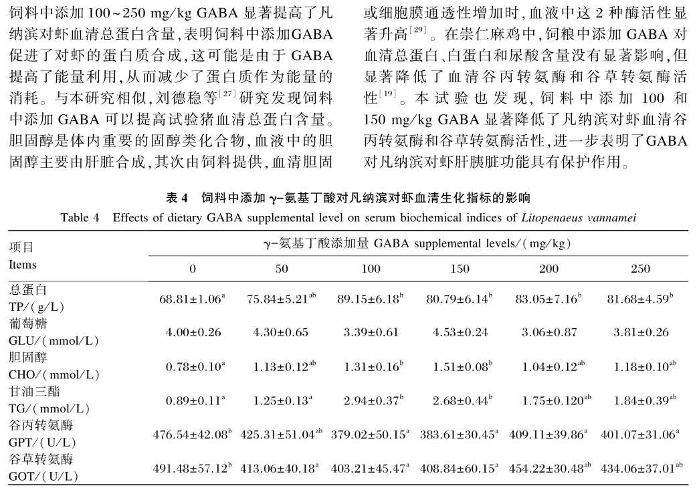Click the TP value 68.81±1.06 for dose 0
[191, 299]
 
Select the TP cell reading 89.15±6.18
[371, 299]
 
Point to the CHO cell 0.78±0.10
[191, 367]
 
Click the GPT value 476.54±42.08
[191, 435]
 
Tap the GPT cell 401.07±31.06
[640, 435]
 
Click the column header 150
[461, 269]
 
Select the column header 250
[640, 269]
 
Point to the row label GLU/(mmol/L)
[54, 341]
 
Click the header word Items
[23, 265]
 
